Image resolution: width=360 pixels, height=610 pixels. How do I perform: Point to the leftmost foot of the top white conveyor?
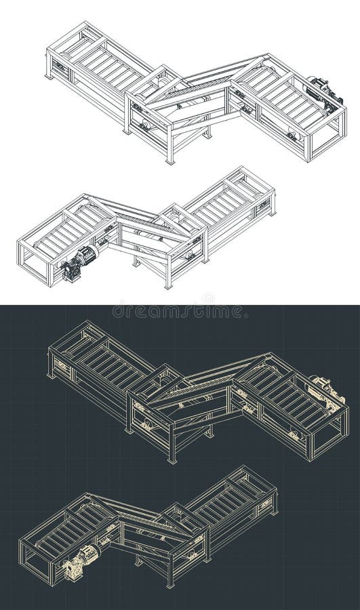(x=49, y=76)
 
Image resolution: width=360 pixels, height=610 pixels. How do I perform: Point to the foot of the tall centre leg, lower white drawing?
(x=167, y=285)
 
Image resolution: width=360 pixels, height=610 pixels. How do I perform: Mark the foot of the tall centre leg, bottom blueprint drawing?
(x=169, y=584)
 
